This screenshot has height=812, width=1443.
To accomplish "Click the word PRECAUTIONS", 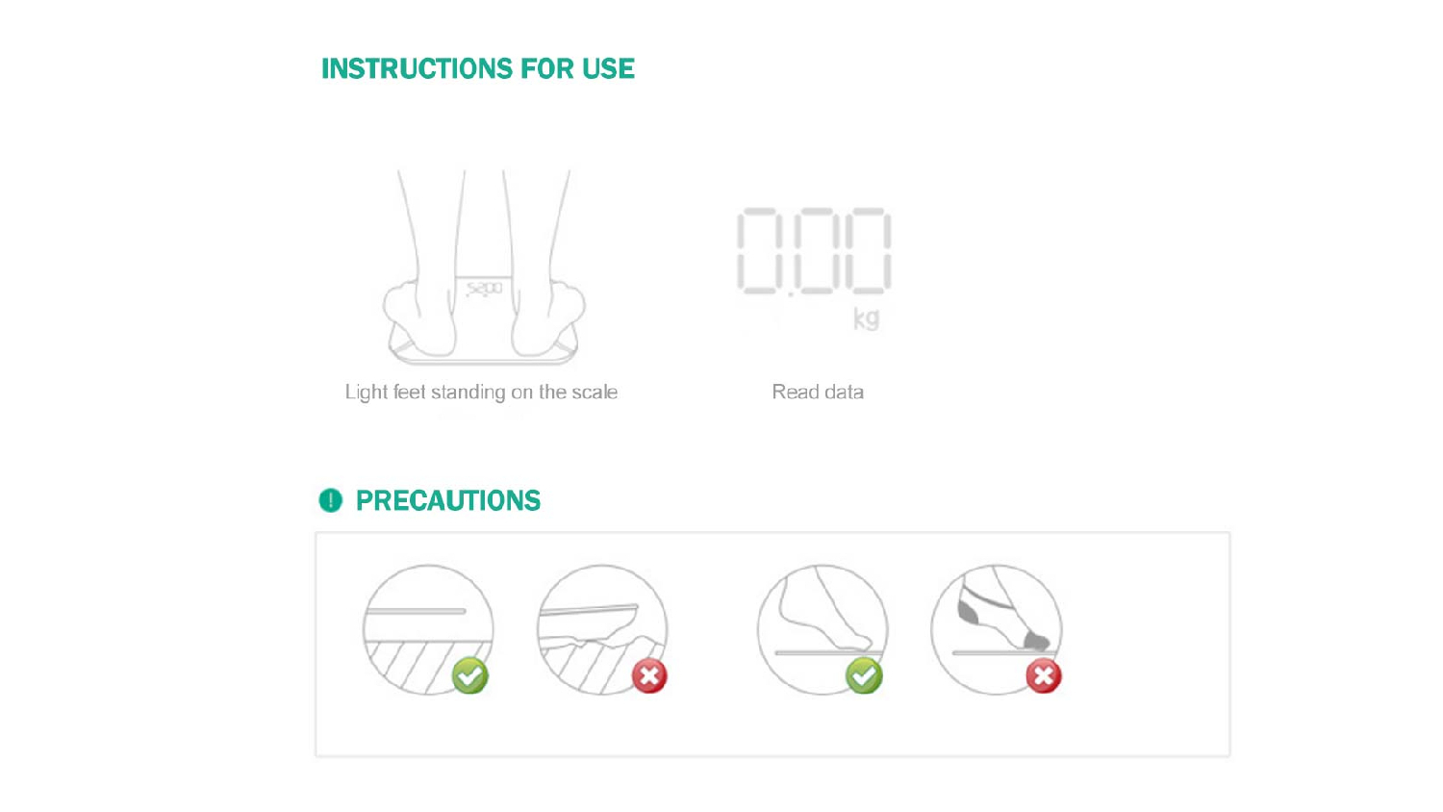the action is coord(448,500).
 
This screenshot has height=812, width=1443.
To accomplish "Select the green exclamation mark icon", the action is coord(331,500).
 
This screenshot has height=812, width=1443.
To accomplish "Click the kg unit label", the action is coord(866,318).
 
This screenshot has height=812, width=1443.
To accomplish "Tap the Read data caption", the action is coord(818,392).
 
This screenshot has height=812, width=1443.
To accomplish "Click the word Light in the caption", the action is coord(365,392).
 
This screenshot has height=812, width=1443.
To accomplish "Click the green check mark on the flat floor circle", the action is coord(470,676).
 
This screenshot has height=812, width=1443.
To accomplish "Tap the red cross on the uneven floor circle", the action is coord(649,676).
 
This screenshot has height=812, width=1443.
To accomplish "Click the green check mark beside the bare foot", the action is coord(864,676).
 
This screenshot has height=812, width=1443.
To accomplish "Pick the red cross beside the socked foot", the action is coord(1044,676).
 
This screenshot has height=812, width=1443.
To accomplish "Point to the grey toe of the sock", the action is coord(1037,641).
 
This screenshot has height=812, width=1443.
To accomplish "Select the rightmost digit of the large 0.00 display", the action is coord(869,250).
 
